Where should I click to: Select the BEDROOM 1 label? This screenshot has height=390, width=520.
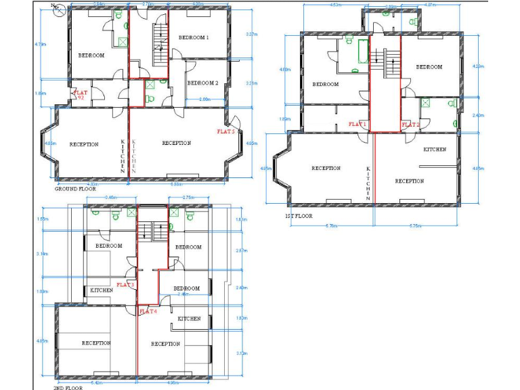194,38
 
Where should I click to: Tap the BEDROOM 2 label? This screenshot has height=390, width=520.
202,83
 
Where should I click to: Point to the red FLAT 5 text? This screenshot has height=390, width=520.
225,131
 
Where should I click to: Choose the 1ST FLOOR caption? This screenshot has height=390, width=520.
299,216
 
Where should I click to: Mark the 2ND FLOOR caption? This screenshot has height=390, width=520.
68,388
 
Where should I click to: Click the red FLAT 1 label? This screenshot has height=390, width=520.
357,125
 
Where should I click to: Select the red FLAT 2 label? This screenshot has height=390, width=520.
411,125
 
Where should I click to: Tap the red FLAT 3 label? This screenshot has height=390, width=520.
126,284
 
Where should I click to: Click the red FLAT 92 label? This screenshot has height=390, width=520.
81,95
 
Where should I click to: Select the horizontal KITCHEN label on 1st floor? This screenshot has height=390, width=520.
434,149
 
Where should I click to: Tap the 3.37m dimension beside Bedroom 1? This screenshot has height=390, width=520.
251,34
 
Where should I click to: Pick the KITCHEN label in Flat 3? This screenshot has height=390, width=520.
102,290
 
